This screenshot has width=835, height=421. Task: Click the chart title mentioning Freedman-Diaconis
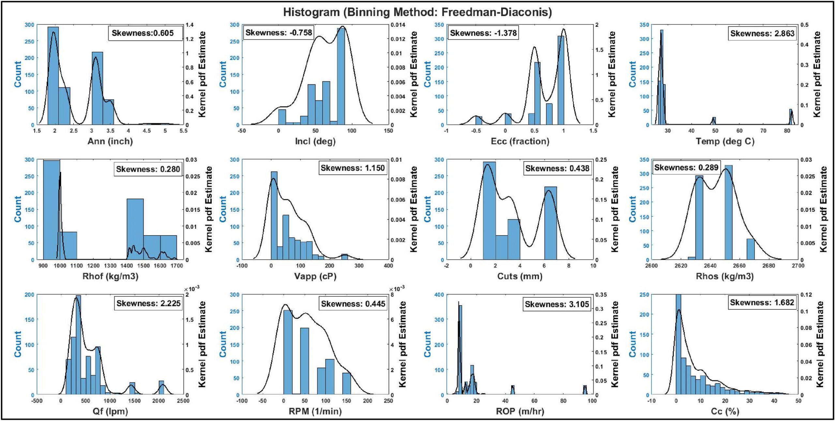pyautogui.click(x=417, y=12)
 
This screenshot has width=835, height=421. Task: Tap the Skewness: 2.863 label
pyautogui.click(x=762, y=33)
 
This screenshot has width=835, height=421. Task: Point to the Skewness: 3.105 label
pyautogui.click(x=556, y=304)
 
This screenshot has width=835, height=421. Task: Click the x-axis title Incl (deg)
pyautogui.click(x=315, y=141)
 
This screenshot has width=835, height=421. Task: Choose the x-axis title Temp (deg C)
pyautogui.click(x=725, y=141)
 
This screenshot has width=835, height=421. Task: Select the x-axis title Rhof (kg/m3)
pyautogui.click(x=110, y=276)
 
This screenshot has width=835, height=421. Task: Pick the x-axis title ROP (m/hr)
pyautogui.click(x=520, y=411)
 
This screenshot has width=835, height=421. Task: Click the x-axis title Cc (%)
pyautogui.click(x=725, y=411)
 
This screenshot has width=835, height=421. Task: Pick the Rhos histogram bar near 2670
pyautogui.click(x=751, y=249)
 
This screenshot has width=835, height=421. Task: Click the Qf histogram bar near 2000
pyautogui.click(x=161, y=388)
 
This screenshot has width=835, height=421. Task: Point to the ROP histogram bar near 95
pyautogui.click(x=585, y=390)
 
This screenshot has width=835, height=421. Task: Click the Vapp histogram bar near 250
pyautogui.click(x=344, y=257)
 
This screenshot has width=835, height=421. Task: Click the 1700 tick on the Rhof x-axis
pyautogui.click(x=177, y=266)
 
